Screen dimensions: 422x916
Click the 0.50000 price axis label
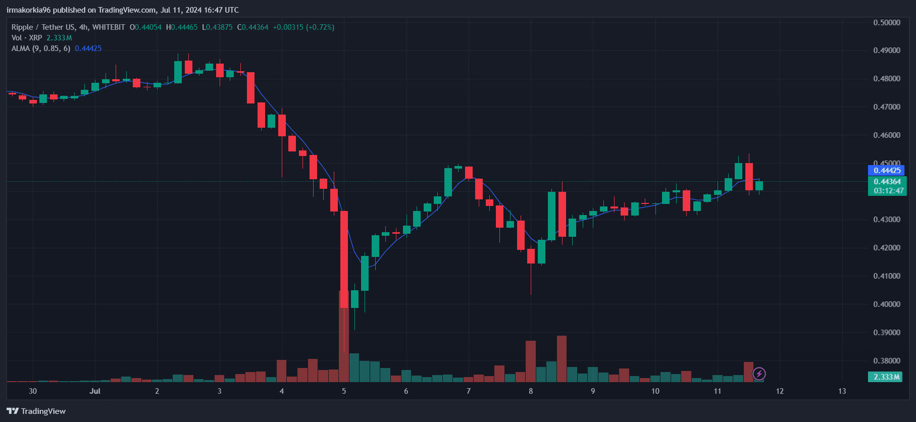pyautogui.click(x=887, y=22)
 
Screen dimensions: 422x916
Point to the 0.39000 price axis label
pyautogui.click(x=887, y=332)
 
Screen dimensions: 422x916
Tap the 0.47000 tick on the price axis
pyautogui.click(x=887, y=107)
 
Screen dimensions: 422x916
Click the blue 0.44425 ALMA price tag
pyautogui.click(x=887, y=171)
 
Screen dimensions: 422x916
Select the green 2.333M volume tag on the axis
pyautogui.click(x=887, y=377)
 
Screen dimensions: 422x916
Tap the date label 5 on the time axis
pyautogui.click(x=344, y=391)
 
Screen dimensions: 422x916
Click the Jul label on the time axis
pyautogui.click(x=95, y=391)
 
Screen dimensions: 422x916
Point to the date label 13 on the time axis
pyautogui.click(x=842, y=391)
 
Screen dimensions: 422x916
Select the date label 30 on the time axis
pyautogui.click(x=33, y=391)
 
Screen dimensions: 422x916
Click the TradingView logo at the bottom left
pyautogui.click(x=36, y=411)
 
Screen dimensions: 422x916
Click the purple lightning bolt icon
pyautogui.click(x=759, y=374)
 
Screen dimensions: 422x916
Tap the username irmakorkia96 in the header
pyautogui.click(x=28, y=10)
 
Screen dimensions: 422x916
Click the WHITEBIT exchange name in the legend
pyautogui.click(x=109, y=27)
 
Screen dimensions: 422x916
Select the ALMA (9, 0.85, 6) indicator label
pyautogui.click(x=41, y=48)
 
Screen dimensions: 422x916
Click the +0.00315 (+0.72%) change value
pyautogui.click(x=303, y=27)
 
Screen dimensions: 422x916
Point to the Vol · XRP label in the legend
pyautogui.click(x=27, y=38)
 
